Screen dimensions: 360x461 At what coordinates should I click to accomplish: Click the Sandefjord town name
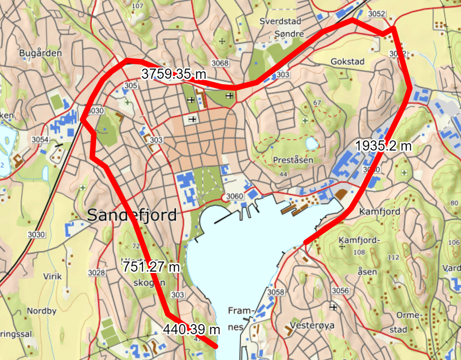click(x=132, y=215)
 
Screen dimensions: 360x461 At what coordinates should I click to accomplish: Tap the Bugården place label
click(x=40, y=53)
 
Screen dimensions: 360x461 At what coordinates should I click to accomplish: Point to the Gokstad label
click(x=347, y=62)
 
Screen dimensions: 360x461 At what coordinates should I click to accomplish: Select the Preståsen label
click(x=293, y=160)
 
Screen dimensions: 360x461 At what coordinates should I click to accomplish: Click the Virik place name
click(x=52, y=277)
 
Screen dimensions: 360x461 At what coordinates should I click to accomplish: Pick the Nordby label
click(x=41, y=311)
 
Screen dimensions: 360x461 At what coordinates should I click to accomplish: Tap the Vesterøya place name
click(x=315, y=325)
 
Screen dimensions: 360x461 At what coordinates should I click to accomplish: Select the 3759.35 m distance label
click(x=173, y=74)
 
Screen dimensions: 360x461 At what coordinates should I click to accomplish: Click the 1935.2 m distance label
click(x=383, y=145)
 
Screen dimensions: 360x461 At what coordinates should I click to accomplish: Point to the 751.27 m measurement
click(x=150, y=266)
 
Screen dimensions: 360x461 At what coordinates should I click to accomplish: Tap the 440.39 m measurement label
click(x=191, y=329)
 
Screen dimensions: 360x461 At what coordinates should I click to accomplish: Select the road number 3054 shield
click(x=40, y=139)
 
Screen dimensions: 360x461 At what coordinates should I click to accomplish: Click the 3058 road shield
click(x=276, y=292)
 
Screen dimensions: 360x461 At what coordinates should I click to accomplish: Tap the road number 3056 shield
click(x=340, y=290)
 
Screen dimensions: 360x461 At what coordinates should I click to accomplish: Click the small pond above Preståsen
click(x=312, y=144)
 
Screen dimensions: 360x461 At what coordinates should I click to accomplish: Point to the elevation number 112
click(x=393, y=257)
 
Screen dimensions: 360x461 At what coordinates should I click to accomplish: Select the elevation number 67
click(x=316, y=102)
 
